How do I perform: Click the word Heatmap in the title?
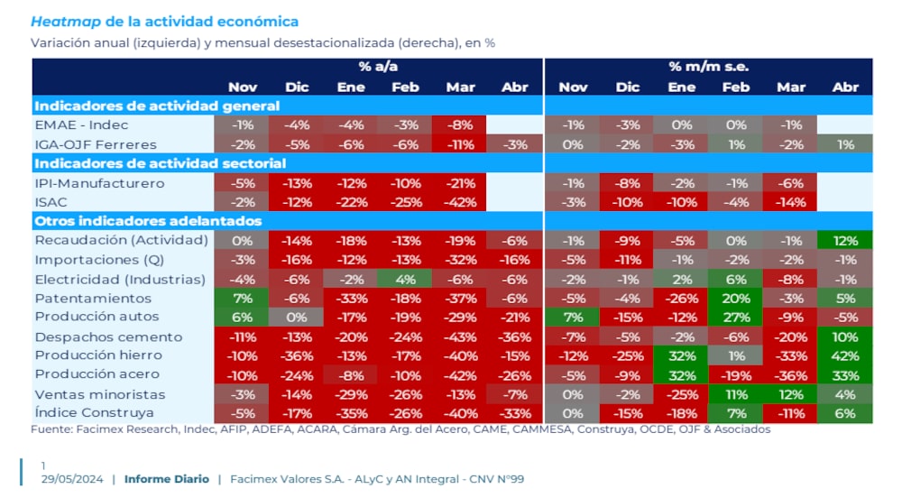[x=65, y=21]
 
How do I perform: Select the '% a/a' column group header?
[x=378, y=67]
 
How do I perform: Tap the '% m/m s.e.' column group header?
[x=708, y=67]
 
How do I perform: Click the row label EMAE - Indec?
[x=81, y=124]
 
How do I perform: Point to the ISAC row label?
[x=52, y=202]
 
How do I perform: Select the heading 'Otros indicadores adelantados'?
[x=148, y=220]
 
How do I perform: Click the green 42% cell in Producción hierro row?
[x=845, y=355]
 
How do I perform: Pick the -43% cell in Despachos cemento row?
[x=460, y=337]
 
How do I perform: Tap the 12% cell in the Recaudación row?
[x=845, y=240]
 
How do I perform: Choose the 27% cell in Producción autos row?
[x=735, y=317]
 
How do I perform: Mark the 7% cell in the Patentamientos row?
[x=242, y=298]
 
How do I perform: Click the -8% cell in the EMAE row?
[x=460, y=124]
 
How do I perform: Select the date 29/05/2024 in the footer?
[x=72, y=479]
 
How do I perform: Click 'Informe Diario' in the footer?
[x=167, y=479]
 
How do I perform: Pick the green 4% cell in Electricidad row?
[x=405, y=279]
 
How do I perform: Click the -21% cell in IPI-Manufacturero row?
[x=460, y=183]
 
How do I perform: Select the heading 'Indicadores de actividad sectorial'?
[x=160, y=163]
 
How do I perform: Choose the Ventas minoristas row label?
[x=99, y=393]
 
